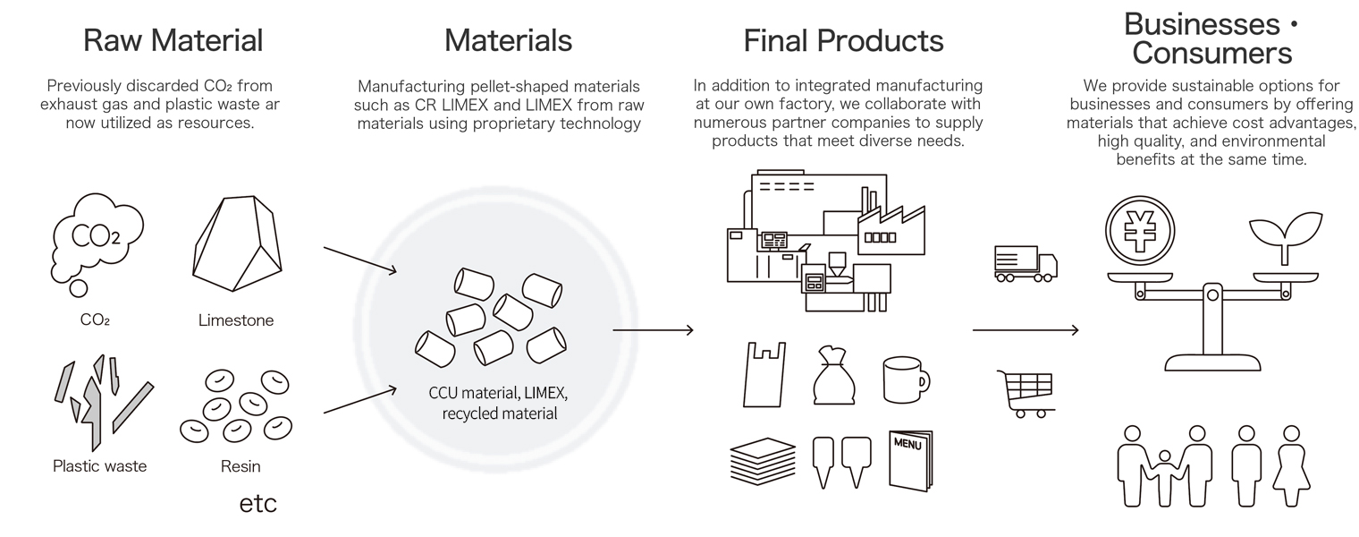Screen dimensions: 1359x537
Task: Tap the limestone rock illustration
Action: coord(237,243)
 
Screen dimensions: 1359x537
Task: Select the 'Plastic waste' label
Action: coord(99,466)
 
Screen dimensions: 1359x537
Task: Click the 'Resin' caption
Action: coord(241,466)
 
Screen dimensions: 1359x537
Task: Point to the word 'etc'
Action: coord(257,504)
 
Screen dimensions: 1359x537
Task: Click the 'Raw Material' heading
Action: coord(173,40)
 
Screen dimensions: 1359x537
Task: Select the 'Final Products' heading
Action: coord(843,40)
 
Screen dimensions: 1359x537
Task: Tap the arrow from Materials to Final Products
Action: coord(653,330)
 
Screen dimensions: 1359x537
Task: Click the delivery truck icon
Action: coord(1026,264)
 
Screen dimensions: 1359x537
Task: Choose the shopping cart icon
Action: coord(1026,394)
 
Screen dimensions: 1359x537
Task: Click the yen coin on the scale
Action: coord(1140,231)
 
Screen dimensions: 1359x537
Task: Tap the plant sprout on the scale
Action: coord(1285,237)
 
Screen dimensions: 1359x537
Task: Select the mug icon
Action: coord(906,380)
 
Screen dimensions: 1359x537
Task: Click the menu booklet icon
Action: coord(911,460)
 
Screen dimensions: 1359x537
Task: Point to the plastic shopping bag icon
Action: coord(764,374)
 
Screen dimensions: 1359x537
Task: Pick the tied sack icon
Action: coord(834,375)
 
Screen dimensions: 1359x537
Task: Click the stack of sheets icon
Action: coord(763,461)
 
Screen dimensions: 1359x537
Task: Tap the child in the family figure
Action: coord(1164,478)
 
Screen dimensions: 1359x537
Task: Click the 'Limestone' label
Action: coord(236,320)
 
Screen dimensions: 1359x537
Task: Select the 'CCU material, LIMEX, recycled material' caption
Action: coord(499,403)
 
